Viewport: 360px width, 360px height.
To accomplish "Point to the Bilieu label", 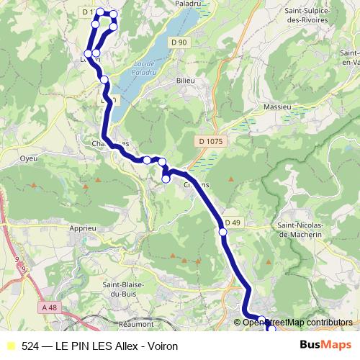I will (186, 81).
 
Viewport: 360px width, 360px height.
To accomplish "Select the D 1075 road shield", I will (210, 141).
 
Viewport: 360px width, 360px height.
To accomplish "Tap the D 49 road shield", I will (232, 222).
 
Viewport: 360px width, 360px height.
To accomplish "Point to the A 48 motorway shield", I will (50, 308).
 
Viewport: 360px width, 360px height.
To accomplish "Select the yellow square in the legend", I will (10, 346).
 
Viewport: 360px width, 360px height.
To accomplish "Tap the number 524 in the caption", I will (31, 346).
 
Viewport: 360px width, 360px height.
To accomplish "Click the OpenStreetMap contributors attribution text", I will (297, 322).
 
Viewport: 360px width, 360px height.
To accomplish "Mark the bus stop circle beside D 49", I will (222, 231).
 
